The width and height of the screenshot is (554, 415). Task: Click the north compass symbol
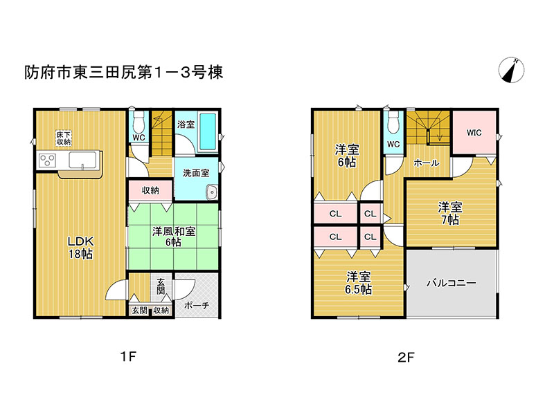(511, 70)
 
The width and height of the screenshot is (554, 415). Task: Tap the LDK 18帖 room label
(80, 248)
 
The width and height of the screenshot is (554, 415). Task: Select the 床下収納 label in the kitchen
(64, 138)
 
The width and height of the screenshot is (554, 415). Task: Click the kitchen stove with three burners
(47, 161)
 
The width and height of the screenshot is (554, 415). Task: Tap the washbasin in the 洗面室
(212, 192)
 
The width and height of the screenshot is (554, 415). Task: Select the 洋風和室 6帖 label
(174, 237)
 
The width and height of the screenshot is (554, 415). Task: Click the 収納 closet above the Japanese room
(150, 191)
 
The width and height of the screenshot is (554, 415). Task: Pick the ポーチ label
(197, 305)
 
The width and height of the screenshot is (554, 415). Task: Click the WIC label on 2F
(474, 133)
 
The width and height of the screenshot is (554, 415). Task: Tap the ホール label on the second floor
(427, 163)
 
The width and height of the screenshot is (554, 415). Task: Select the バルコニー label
(452, 283)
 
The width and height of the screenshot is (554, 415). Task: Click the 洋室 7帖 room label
(450, 214)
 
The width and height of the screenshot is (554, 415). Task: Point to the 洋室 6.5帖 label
(358, 283)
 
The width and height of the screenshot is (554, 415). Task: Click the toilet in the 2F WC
(393, 122)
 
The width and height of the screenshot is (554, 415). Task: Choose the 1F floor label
(128, 357)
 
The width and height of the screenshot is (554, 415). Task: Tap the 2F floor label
(406, 358)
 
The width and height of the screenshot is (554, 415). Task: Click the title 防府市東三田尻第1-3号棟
(124, 73)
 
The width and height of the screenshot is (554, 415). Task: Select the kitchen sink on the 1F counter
(82, 160)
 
